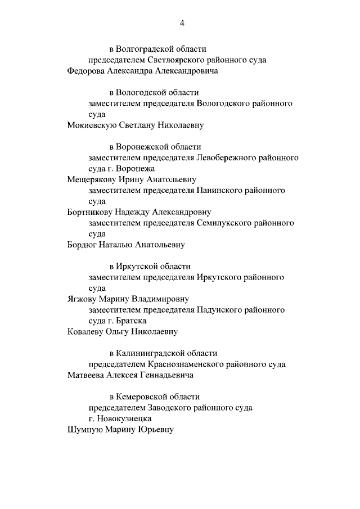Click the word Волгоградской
144,49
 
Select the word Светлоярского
173,60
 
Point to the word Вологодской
141,93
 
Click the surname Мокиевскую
91,125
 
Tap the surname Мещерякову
91,179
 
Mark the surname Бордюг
81,245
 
